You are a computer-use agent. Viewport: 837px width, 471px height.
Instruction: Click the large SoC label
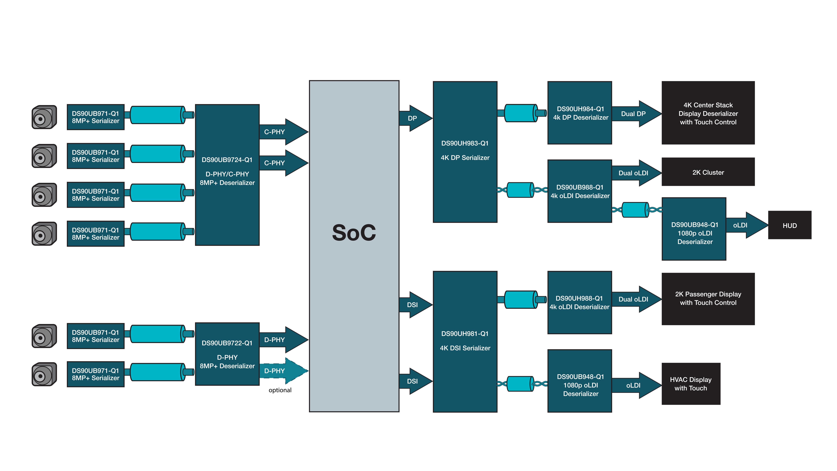(x=354, y=233)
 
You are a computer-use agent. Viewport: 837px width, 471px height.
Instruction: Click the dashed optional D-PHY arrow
(x=283, y=371)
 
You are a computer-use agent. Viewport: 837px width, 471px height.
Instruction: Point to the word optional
(x=280, y=390)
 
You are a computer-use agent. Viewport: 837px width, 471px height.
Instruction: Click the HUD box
(x=790, y=225)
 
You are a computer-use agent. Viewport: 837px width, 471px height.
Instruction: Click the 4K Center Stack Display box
(x=708, y=113)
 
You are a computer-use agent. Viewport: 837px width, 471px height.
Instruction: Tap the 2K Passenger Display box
(x=708, y=298)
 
